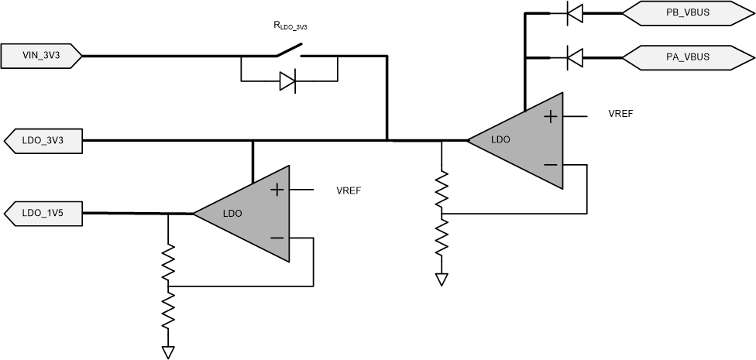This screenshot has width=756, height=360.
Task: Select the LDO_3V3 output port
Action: (x=43, y=140)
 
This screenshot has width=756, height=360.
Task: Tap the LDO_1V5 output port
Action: (x=43, y=213)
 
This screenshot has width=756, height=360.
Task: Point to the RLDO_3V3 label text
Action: (x=290, y=26)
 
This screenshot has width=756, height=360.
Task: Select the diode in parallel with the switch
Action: (x=288, y=81)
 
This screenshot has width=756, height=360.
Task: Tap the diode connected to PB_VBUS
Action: (x=574, y=12)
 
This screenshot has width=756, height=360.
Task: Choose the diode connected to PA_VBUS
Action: (x=574, y=57)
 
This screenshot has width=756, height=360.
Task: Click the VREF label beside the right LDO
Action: (x=621, y=113)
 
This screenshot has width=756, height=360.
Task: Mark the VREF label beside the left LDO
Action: (x=349, y=189)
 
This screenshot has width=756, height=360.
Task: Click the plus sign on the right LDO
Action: (x=550, y=117)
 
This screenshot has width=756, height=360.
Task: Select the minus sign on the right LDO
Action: (x=550, y=165)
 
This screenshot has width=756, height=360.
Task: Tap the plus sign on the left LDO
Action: (x=277, y=190)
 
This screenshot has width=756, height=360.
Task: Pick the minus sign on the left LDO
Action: (x=277, y=238)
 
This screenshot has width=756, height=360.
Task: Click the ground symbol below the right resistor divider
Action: (x=442, y=279)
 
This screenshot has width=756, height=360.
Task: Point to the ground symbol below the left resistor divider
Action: (x=168, y=352)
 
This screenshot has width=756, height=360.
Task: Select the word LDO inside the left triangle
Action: (x=233, y=213)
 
